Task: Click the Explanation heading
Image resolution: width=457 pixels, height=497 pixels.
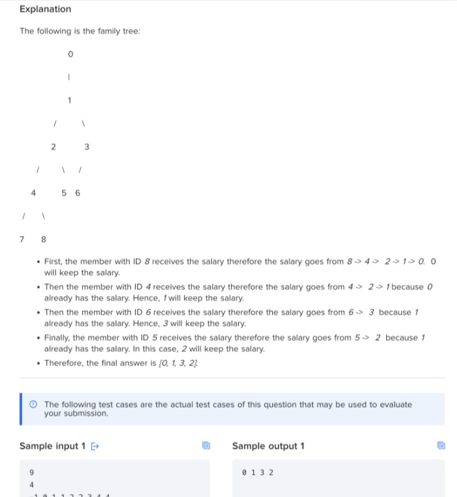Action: point(45,9)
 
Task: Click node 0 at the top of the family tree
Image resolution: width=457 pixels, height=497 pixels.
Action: point(70,55)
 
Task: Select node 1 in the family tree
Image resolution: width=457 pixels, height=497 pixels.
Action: point(70,100)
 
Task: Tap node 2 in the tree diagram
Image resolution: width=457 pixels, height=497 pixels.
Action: point(53,147)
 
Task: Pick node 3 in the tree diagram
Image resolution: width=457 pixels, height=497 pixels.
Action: point(87,147)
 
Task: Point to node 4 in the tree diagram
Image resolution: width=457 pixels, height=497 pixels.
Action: point(33,193)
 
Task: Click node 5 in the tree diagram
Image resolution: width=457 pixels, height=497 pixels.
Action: point(64,193)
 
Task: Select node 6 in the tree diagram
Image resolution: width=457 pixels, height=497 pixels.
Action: point(77,193)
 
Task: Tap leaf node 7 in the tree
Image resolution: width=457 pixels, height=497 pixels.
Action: point(22,239)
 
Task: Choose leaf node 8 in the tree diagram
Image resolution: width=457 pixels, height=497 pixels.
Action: point(43,239)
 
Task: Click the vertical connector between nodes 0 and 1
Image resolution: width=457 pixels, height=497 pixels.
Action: point(70,77)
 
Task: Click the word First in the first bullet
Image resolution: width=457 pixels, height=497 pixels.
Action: point(54,262)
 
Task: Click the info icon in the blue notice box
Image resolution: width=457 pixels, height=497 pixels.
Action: point(33,404)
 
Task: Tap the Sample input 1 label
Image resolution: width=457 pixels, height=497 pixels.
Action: point(53,446)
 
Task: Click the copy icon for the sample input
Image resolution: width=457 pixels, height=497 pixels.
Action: point(206,446)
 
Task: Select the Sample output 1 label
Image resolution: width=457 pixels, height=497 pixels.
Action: point(268,446)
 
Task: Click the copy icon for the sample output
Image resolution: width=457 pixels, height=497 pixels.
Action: point(441,446)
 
